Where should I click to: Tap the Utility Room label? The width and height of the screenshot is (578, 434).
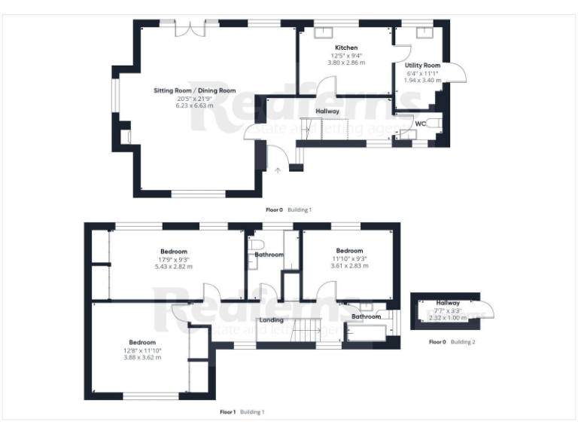(422, 66)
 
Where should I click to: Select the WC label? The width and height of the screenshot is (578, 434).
(421, 123)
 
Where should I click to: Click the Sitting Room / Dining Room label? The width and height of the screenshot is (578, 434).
(184, 90)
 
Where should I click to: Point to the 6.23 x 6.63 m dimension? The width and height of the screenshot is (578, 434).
(184, 105)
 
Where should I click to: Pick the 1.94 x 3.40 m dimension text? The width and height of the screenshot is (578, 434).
(422, 80)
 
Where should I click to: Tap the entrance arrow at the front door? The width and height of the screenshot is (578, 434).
(278, 171)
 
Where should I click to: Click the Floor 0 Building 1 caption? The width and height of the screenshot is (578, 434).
(289, 209)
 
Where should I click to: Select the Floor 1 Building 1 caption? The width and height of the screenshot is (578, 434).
(242, 412)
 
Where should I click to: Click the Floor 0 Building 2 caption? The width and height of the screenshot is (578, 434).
(452, 341)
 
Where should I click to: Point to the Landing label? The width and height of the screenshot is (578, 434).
(271, 320)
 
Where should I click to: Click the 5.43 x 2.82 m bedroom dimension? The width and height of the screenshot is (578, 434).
(174, 266)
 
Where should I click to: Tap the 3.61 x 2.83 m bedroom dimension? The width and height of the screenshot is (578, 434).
(349, 265)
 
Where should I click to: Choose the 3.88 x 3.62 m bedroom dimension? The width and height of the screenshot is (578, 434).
(142, 356)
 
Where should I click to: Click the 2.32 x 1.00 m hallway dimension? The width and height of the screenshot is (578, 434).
(448, 318)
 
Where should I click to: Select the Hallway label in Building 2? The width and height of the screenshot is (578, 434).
(448, 303)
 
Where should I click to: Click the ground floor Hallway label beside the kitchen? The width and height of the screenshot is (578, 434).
(327, 112)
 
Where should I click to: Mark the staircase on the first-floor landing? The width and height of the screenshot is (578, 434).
(306, 329)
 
